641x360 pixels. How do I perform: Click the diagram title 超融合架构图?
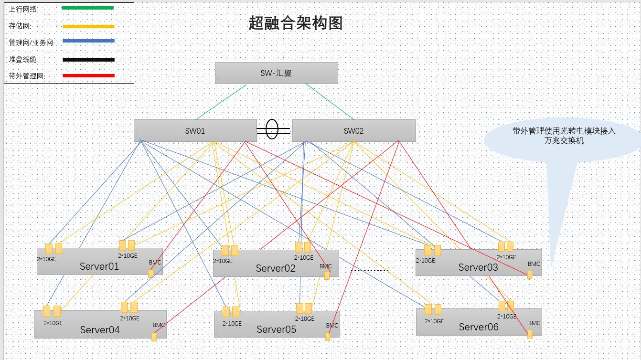pos(295,23)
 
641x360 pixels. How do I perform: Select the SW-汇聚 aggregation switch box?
pos(277,73)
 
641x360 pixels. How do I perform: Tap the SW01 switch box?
pos(195,131)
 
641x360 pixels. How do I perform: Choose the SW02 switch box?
pos(354,131)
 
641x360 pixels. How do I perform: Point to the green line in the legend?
pos(88,8)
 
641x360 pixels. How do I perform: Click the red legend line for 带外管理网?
pos(89,76)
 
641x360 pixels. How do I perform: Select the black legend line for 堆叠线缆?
pos(89,60)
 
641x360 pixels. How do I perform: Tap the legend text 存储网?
pos(20,26)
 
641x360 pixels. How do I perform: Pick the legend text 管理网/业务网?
pos(32,42)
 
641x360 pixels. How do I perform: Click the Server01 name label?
pos(99,266)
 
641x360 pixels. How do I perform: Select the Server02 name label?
pos(276,268)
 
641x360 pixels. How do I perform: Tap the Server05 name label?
pos(277,329)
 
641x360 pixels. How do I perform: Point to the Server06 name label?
pos(479,327)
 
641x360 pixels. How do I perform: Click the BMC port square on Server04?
pos(154,337)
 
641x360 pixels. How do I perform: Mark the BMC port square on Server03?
pos(530,275)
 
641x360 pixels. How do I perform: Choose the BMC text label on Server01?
pos(155,262)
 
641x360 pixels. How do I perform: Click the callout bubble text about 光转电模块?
pos(564,136)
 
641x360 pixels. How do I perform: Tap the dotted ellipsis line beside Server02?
pos(369,270)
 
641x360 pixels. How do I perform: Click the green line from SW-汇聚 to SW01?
pos(221,102)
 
